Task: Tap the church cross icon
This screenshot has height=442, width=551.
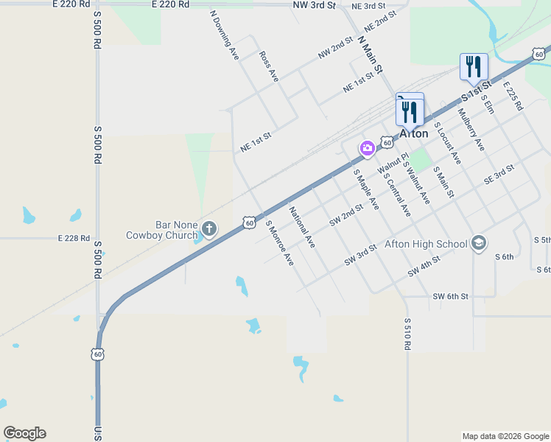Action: (209, 229)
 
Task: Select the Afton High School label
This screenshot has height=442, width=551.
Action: (426, 244)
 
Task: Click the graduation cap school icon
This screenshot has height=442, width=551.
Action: (479, 243)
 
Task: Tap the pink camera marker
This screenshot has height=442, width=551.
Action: (367, 149)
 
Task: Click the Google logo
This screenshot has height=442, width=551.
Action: (24, 433)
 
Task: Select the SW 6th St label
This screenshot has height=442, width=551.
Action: (451, 296)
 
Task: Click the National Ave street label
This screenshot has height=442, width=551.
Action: (302, 227)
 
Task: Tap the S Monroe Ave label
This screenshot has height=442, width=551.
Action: (279, 243)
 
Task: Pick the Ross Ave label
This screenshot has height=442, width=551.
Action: (268, 66)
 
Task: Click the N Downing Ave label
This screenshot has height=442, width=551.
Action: (225, 34)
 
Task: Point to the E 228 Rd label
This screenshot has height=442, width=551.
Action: (74, 239)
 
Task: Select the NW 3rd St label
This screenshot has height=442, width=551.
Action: (315, 4)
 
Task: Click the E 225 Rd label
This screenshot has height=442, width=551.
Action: (513, 96)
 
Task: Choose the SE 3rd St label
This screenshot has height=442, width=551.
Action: (499, 175)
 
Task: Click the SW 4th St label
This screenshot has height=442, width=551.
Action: (424, 267)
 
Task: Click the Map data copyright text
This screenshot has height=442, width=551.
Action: (505, 436)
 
